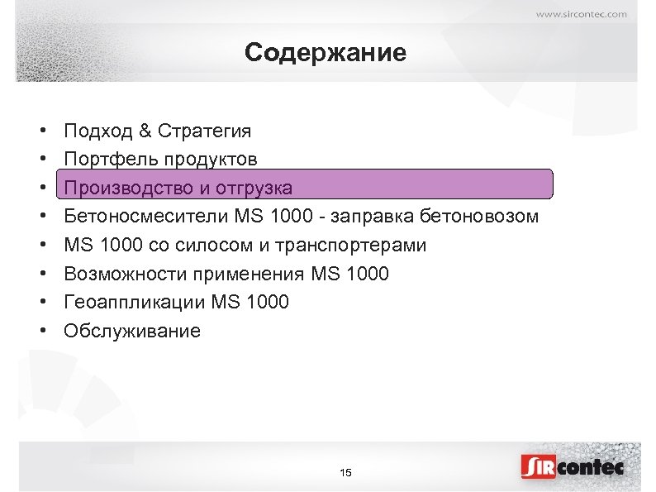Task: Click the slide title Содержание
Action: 326,54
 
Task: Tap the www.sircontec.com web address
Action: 581,13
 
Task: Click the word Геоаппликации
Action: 135,303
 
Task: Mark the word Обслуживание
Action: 132,331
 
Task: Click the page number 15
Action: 345,472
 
